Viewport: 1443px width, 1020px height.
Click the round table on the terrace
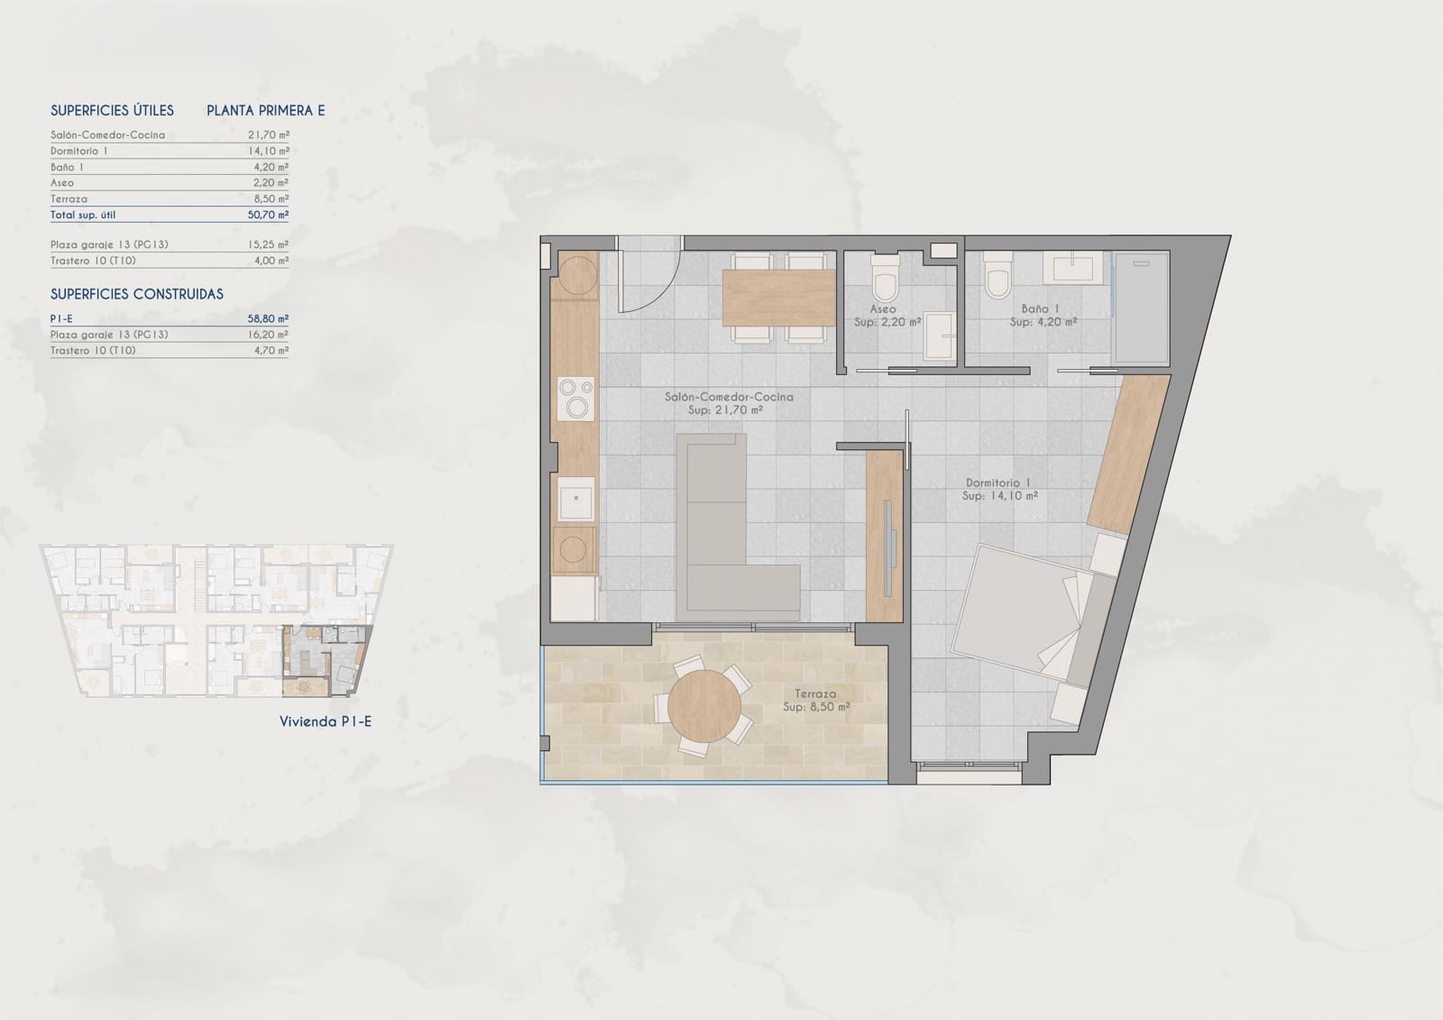(704, 707)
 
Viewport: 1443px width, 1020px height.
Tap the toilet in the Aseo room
(885, 278)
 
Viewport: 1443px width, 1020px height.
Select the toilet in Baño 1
(997, 275)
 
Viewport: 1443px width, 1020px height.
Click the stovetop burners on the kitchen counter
(576, 399)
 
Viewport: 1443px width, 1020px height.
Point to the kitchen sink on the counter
(576, 499)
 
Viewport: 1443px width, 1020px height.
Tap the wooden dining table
(779, 298)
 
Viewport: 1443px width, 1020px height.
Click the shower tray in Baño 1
(1142, 308)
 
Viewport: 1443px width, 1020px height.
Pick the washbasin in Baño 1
(1073, 267)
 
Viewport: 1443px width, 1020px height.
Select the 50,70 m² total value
(268, 215)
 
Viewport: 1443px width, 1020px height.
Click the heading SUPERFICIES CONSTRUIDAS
(137, 294)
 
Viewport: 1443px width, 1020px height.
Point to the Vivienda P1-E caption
(326, 721)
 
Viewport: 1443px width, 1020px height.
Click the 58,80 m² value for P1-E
(268, 318)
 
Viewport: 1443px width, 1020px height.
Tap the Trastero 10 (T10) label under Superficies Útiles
(93, 261)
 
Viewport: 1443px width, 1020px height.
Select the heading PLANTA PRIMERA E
(265, 110)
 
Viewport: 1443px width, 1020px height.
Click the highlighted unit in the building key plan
(326, 660)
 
